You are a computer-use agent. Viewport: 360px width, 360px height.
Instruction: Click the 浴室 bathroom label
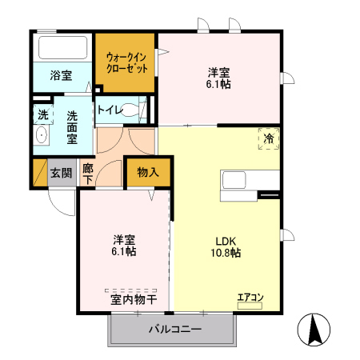[62, 76]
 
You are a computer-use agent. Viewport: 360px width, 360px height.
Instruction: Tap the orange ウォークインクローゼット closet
[124, 62]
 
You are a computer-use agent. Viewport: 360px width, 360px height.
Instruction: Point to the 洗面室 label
[72, 126]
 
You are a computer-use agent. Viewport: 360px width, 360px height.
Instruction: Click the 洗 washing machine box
[42, 115]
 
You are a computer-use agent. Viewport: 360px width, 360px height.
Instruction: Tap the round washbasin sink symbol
[42, 137]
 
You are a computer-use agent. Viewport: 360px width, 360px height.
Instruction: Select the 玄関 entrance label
[61, 172]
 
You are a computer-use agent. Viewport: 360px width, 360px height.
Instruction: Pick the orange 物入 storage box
[148, 172]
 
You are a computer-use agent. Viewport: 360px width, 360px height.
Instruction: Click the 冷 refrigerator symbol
[269, 138]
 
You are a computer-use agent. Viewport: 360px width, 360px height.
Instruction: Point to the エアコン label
[250, 298]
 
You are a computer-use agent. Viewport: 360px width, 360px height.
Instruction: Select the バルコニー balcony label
[175, 330]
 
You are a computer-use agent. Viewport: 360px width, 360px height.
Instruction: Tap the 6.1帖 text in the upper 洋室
[218, 84]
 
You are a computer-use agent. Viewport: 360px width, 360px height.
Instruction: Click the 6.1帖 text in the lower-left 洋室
[123, 251]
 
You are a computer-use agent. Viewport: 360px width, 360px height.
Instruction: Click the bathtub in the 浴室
[63, 46]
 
